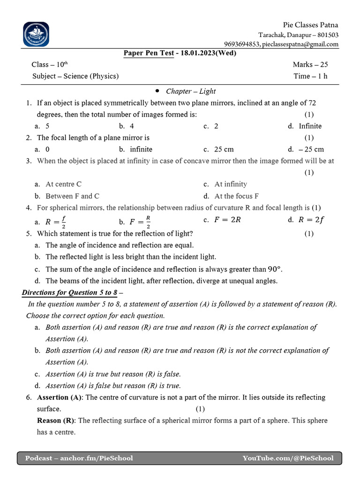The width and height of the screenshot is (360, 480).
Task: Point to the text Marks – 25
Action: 310,64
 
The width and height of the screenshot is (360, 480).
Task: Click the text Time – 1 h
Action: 310,76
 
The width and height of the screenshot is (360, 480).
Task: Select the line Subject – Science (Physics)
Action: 75,76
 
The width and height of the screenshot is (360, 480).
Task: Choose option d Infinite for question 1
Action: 310,126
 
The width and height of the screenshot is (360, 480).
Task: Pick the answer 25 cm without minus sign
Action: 224,149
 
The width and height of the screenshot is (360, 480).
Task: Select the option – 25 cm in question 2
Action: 311,149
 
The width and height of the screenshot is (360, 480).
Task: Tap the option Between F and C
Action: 72,196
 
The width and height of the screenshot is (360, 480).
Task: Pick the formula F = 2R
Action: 227,220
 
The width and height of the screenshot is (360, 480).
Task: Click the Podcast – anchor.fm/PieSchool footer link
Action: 79,458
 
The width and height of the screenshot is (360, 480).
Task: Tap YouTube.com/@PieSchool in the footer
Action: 288,458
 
